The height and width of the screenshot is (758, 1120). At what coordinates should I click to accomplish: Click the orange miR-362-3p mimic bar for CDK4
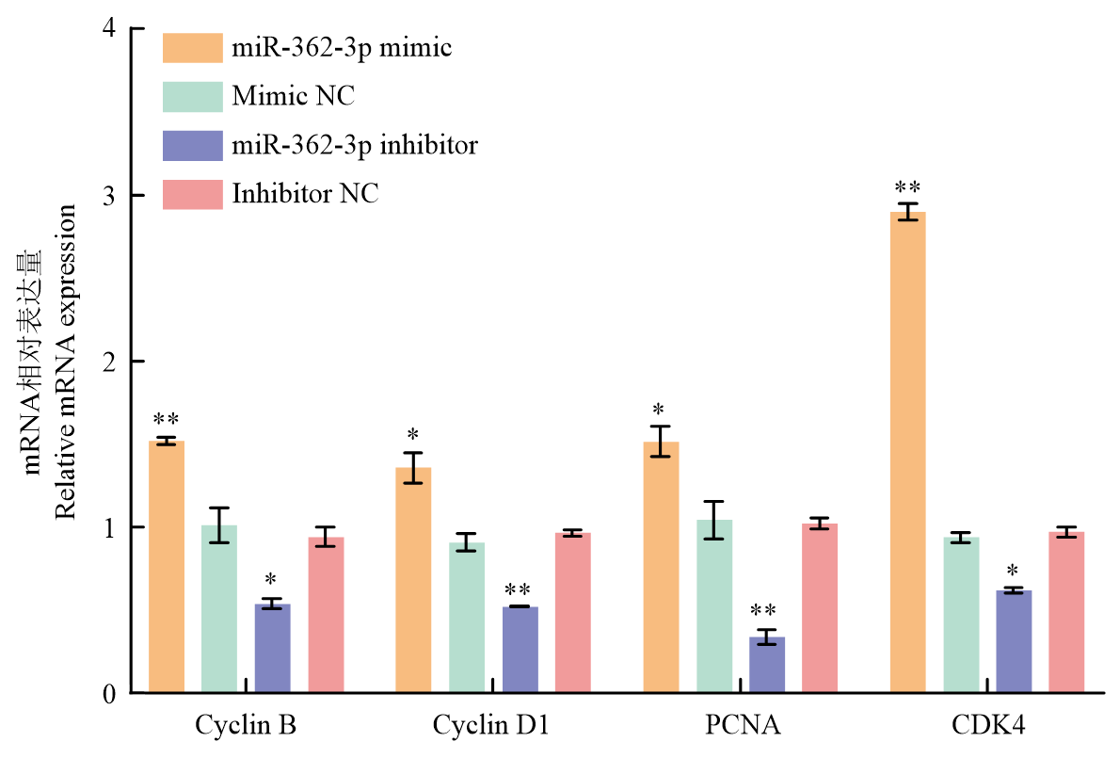[907, 452]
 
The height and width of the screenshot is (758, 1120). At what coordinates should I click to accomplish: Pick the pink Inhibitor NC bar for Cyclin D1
[573, 612]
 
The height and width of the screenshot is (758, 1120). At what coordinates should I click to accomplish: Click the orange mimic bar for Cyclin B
[167, 566]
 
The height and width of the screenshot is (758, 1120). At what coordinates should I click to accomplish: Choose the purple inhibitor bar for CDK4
[1014, 641]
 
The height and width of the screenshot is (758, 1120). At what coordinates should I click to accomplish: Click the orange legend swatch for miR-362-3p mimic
[193, 47]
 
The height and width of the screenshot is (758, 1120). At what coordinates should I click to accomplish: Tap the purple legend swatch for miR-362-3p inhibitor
[193, 145]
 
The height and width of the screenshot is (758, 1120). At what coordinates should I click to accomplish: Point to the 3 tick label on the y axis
[110, 196]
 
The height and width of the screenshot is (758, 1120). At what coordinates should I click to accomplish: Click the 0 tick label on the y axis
[110, 694]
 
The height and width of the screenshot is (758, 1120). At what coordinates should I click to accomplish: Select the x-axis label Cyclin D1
[491, 726]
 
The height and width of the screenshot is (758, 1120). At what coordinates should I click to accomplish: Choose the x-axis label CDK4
[988, 726]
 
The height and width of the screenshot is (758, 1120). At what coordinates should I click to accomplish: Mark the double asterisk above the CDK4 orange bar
[907, 187]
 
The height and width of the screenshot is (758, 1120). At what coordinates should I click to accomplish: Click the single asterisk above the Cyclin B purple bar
[272, 579]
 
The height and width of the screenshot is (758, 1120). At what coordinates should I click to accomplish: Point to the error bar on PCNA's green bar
[714, 520]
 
